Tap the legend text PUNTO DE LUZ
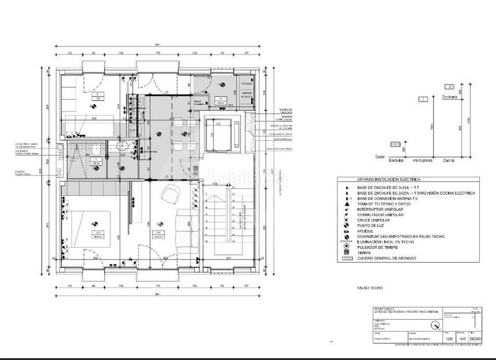click(x=371, y=226)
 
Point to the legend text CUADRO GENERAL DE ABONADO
click(x=386, y=258)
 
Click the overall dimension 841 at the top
click(x=157, y=45)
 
